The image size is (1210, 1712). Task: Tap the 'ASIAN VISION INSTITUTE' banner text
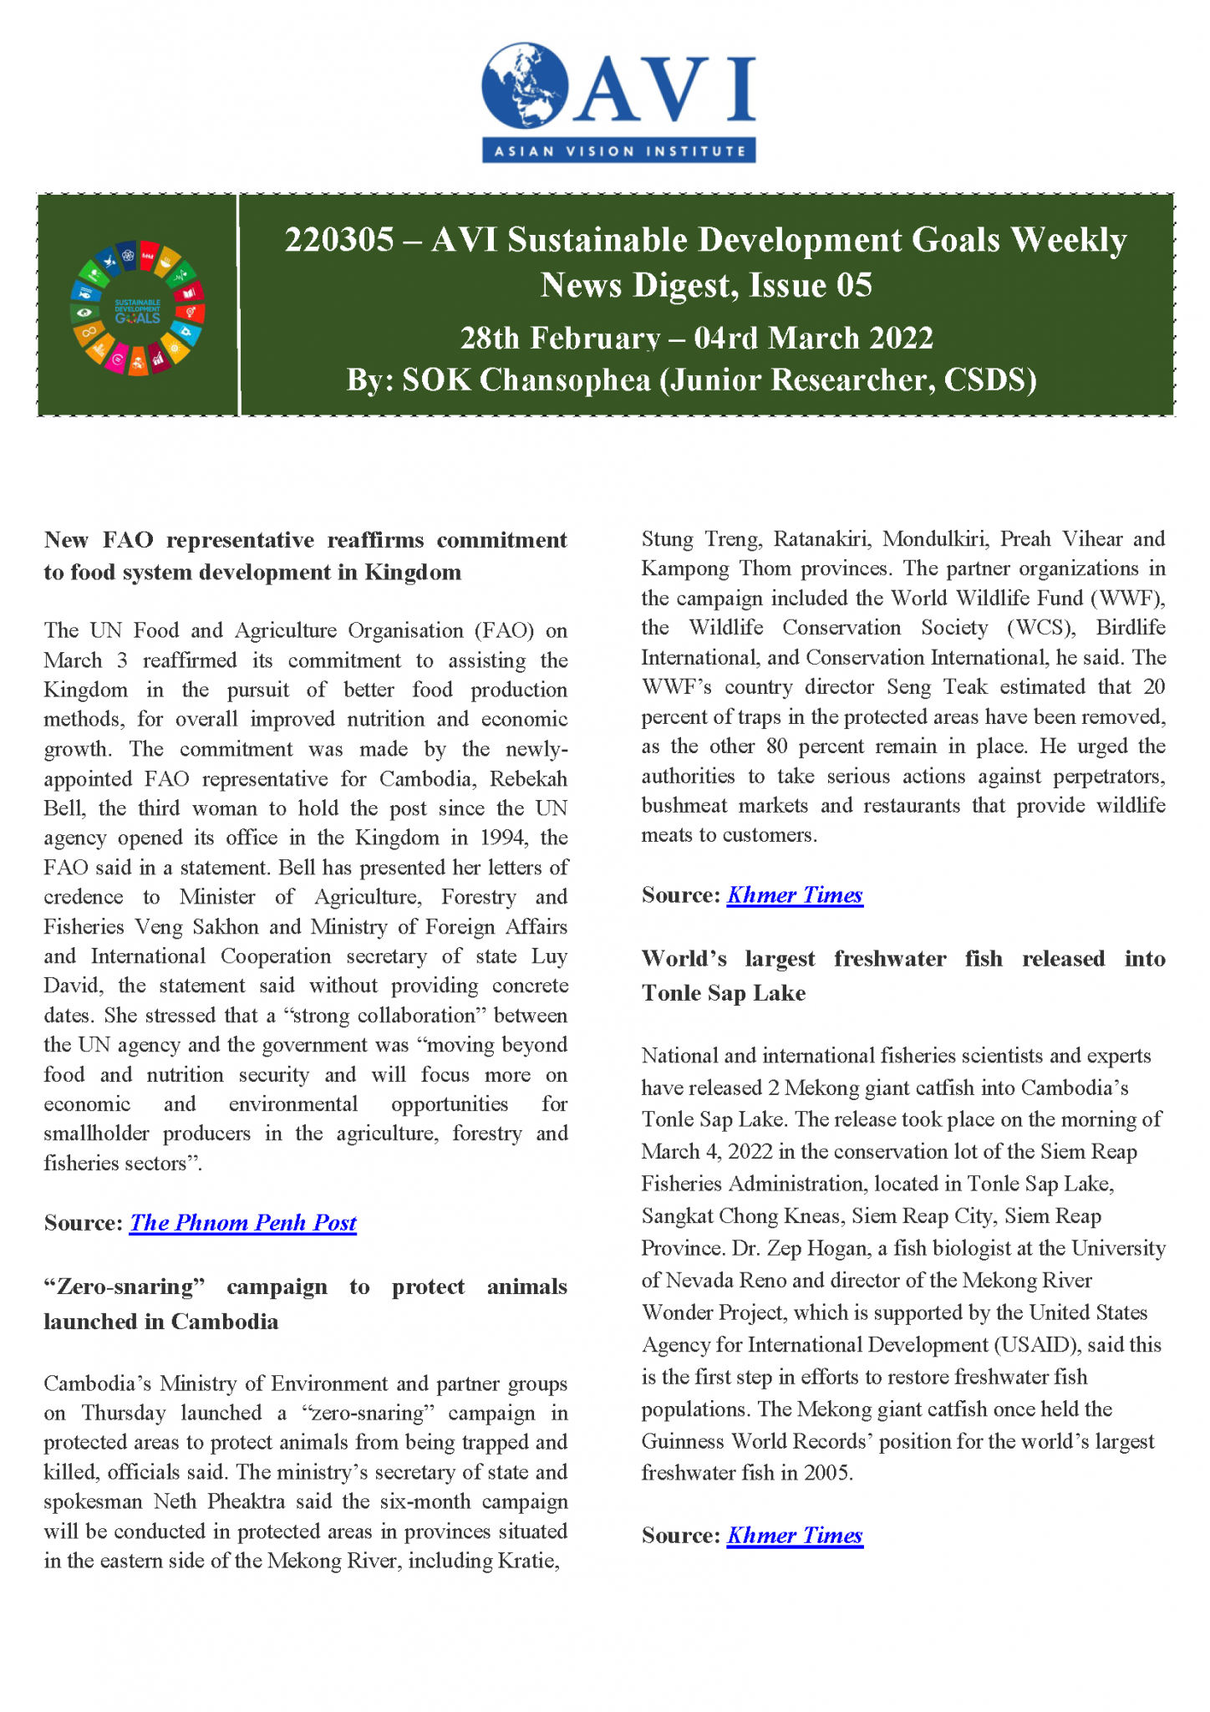click(x=619, y=151)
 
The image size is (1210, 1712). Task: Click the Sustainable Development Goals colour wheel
click(x=138, y=310)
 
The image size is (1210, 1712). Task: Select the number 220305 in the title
click(x=339, y=241)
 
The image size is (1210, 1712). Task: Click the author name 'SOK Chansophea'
click(x=526, y=380)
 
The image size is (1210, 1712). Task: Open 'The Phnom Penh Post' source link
click(x=242, y=1223)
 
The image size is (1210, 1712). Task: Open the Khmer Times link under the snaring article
click(x=794, y=895)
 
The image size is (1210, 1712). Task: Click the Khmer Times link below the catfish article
click(x=794, y=1536)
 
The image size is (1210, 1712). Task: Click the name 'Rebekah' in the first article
click(x=528, y=779)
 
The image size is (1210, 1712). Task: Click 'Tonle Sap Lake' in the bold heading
click(x=724, y=993)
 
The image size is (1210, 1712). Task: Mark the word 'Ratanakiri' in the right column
click(x=821, y=539)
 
